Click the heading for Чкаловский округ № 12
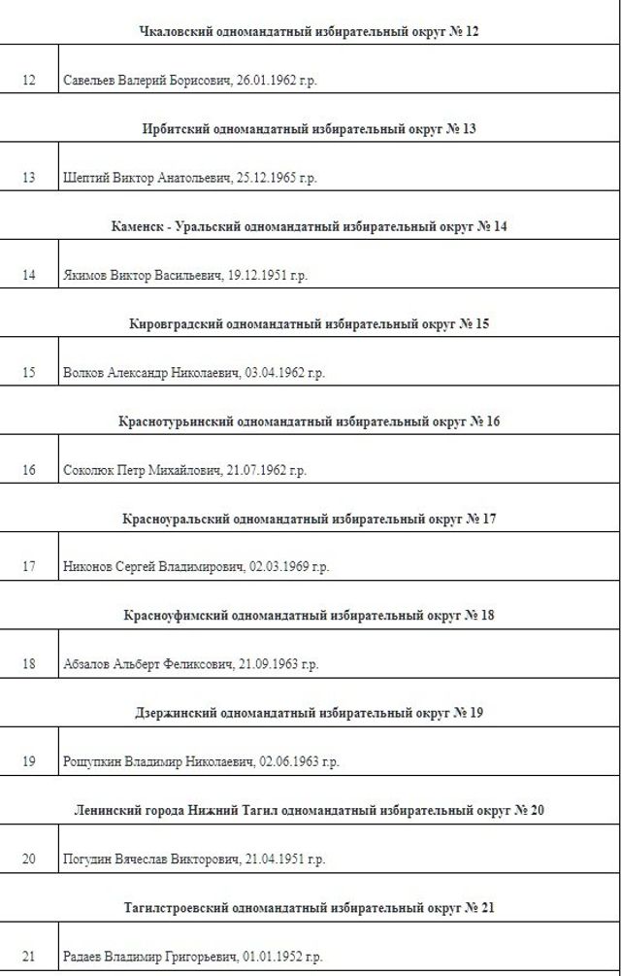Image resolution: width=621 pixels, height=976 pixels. (x=309, y=31)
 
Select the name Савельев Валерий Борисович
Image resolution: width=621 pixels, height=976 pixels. (x=147, y=81)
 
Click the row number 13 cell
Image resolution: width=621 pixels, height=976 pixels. (x=28, y=178)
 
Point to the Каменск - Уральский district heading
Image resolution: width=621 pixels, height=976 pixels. (x=309, y=226)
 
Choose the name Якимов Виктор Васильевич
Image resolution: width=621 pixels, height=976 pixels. (x=142, y=275)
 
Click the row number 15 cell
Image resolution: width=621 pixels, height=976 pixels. (x=28, y=372)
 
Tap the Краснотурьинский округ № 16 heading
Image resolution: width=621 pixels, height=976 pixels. (x=309, y=421)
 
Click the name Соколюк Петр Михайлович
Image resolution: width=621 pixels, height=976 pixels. (x=137, y=470)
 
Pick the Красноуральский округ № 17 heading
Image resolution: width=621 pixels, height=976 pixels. (x=309, y=519)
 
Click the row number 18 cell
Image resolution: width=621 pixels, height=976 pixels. (x=28, y=664)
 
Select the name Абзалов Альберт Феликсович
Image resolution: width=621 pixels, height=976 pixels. (x=147, y=664)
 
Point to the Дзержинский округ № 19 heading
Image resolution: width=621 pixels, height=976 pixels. (x=309, y=713)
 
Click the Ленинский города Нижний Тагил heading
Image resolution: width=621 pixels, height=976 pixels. (x=309, y=810)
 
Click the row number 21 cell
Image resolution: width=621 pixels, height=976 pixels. (x=28, y=957)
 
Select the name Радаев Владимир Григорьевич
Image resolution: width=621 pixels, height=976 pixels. (x=152, y=957)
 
